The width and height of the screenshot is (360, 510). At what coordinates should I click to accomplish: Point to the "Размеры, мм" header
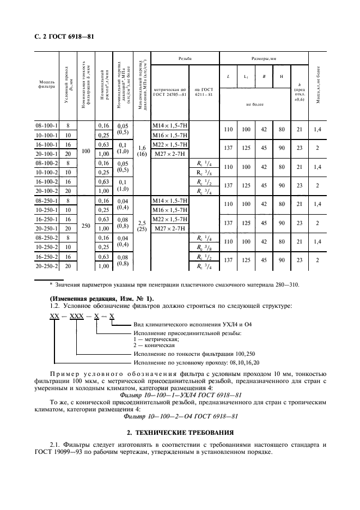point(264,58)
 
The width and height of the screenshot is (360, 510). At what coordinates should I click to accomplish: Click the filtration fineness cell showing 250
point(85,225)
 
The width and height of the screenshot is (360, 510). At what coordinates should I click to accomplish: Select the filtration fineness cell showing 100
point(85,151)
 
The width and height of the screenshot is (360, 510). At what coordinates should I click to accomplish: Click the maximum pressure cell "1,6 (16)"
point(141,151)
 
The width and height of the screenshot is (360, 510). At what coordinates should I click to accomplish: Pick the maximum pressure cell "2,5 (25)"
point(141,225)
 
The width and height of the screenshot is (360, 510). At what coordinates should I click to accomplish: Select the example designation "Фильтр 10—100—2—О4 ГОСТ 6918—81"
point(180,417)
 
